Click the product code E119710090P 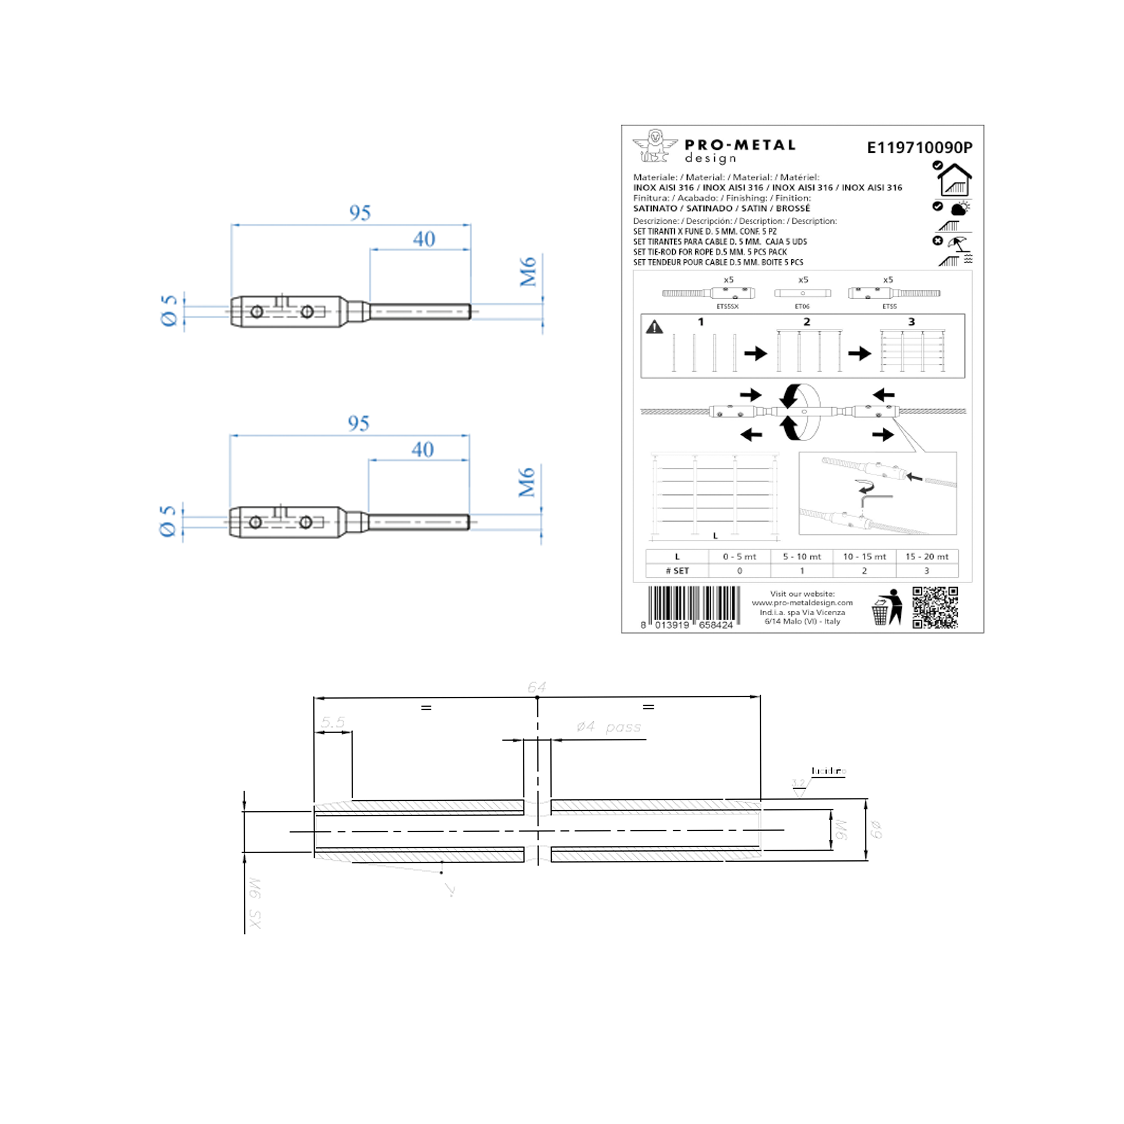point(919,148)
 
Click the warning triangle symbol point(655,328)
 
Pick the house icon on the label point(954,180)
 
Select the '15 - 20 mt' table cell point(927,557)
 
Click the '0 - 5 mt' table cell point(739,557)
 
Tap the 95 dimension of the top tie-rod point(360,213)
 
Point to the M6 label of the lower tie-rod point(527,482)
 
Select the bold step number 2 point(806,322)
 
